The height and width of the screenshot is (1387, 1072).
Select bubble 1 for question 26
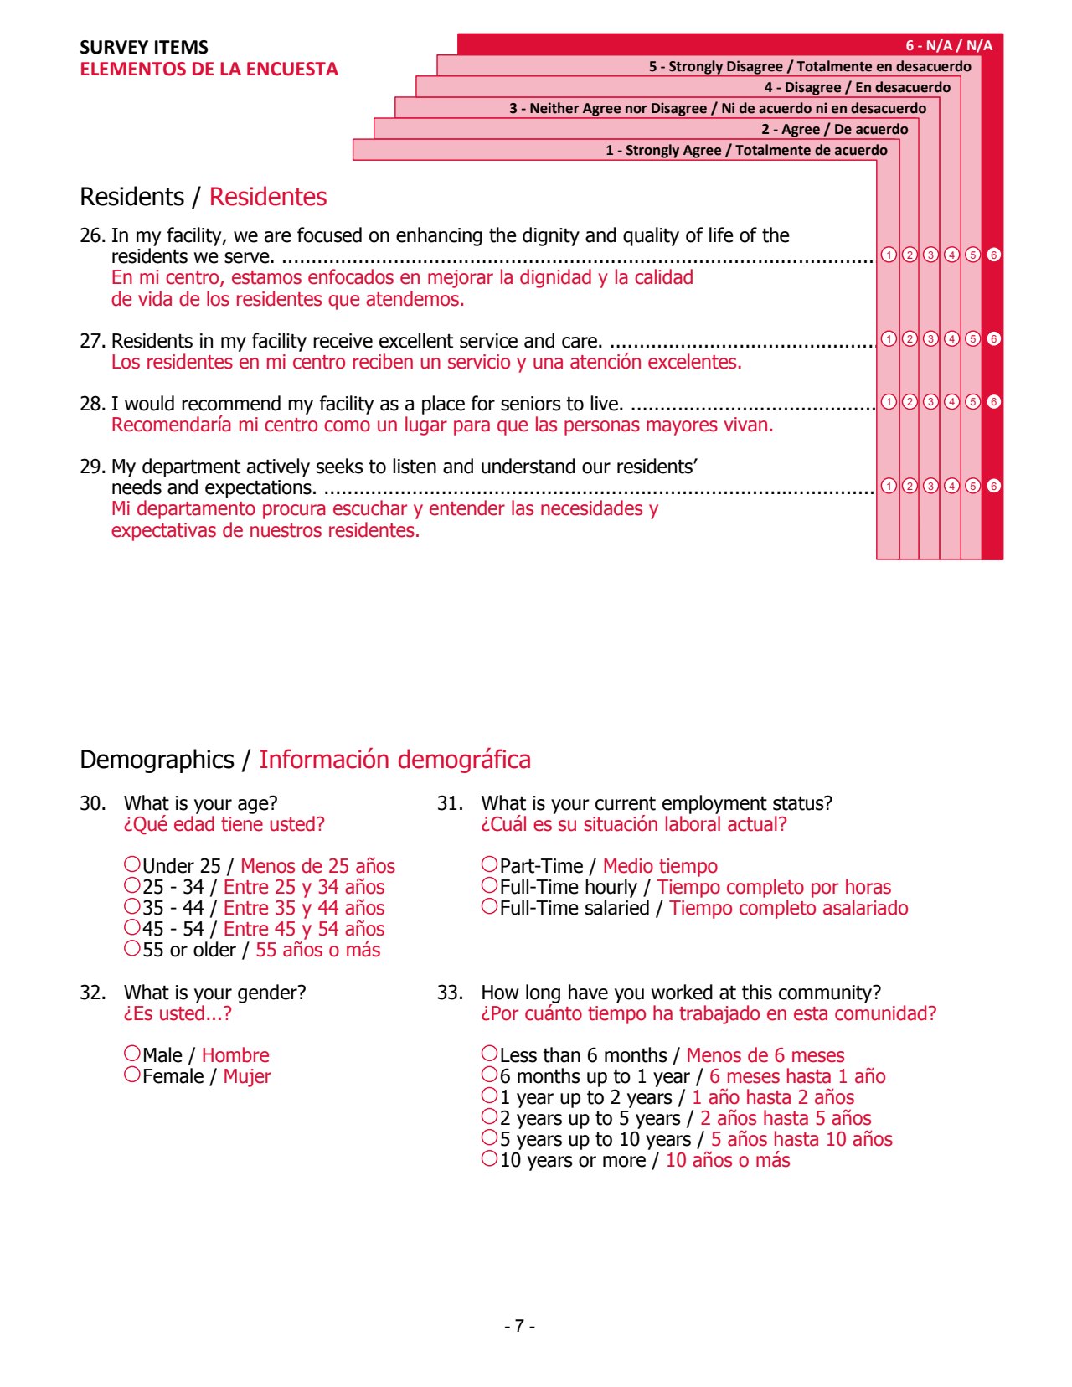(x=889, y=255)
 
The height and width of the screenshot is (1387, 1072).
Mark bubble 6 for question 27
(x=993, y=338)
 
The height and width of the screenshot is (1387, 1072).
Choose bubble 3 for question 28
(x=930, y=401)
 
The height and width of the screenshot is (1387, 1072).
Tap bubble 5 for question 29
(x=972, y=486)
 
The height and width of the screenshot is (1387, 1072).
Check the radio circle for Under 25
(x=132, y=864)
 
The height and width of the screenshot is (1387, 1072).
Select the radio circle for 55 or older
(x=132, y=948)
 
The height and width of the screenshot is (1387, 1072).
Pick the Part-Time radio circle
(x=490, y=864)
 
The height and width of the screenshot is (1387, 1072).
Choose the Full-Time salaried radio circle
(x=490, y=906)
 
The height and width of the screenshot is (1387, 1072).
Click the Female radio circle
(x=132, y=1075)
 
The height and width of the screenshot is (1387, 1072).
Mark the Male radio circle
(x=132, y=1054)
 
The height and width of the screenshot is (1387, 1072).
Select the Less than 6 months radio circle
(x=490, y=1054)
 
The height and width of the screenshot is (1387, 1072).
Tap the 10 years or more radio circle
(x=490, y=1159)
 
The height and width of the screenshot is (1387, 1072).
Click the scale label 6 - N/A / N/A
(x=948, y=45)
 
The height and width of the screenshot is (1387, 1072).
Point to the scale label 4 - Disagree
(x=857, y=87)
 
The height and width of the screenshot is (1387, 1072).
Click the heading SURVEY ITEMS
(x=144, y=47)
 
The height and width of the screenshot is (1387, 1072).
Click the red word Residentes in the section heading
(x=268, y=197)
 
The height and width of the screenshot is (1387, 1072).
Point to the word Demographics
(x=157, y=760)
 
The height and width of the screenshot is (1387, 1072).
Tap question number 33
(x=449, y=993)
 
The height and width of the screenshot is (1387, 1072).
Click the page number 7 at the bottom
(x=520, y=1326)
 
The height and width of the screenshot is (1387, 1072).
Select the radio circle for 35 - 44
(x=132, y=906)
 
